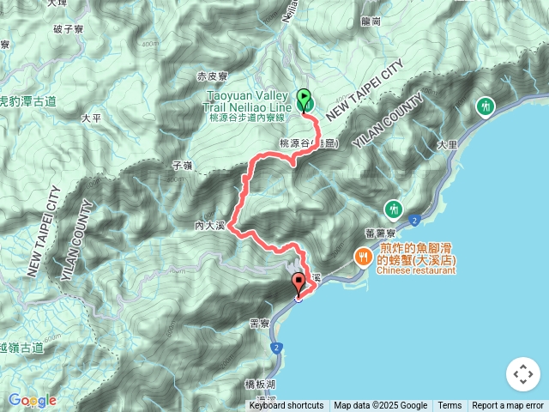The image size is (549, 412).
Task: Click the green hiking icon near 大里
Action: click(486, 106)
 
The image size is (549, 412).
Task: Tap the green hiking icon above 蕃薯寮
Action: click(394, 209)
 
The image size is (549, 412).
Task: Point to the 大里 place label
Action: click(446, 145)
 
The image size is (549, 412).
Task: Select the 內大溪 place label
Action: click(210, 226)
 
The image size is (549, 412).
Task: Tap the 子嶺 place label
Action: click(182, 163)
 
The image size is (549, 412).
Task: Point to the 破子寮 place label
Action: click(66, 28)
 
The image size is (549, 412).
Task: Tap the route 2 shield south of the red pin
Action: click(276, 347)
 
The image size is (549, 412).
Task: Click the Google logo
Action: click(32, 401)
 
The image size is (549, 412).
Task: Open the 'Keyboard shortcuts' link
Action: click(287, 406)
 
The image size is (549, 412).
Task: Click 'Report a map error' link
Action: click(508, 406)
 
